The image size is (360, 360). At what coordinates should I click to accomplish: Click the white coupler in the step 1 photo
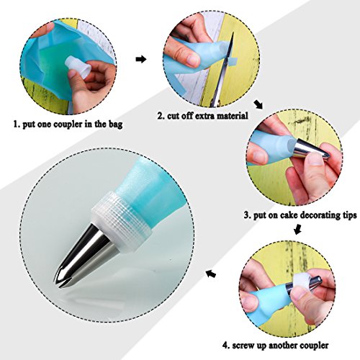click(x=78, y=67)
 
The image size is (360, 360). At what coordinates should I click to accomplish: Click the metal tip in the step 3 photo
click(x=312, y=149)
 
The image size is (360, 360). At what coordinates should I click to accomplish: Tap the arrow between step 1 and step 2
click(x=141, y=59)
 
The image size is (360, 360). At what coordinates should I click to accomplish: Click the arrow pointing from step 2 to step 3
click(x=258, y=104)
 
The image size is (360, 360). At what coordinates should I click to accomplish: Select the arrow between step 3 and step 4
click(x=297, y=228)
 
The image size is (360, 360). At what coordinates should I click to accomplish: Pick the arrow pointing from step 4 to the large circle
click(x=211, y=274)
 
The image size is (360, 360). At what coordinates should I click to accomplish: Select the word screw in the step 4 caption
click(x=243, y=346)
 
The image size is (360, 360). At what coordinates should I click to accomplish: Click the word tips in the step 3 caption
click(x=349, y=215)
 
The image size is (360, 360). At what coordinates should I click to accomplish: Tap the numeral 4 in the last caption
click(x=225, y=346)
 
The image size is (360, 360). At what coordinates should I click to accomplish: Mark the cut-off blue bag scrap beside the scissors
click(x=232, y=61)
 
